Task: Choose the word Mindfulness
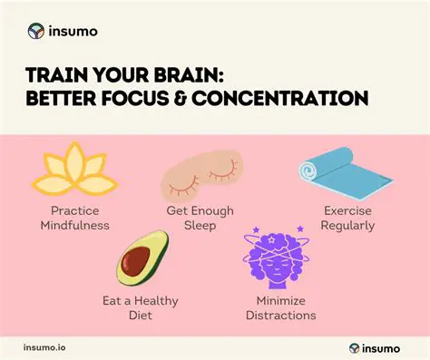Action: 80,226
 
